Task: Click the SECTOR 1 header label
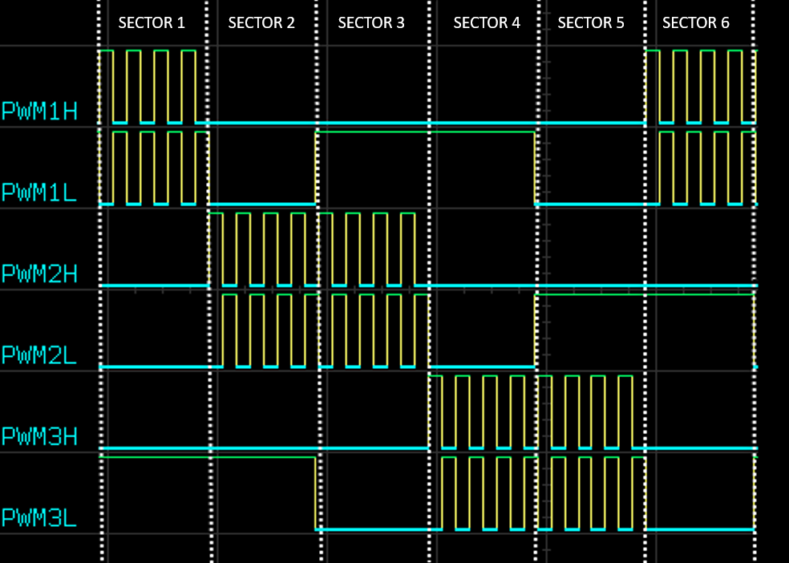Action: click(152, 22)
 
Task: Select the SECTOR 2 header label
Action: click(261, 22)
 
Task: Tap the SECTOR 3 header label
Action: click(371, 22)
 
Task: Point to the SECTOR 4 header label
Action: click(487, 22)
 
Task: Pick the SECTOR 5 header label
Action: click(591, 22)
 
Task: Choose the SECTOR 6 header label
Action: click(696, 22)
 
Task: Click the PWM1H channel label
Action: click(39, 111)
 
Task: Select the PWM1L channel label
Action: click(39, 192)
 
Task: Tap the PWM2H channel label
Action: click(39, 273)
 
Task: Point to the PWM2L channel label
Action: click(39, 354)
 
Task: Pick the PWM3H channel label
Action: click(39, 436)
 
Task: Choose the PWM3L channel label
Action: click(39, 518)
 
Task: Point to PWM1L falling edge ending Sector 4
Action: click(535, 168)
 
